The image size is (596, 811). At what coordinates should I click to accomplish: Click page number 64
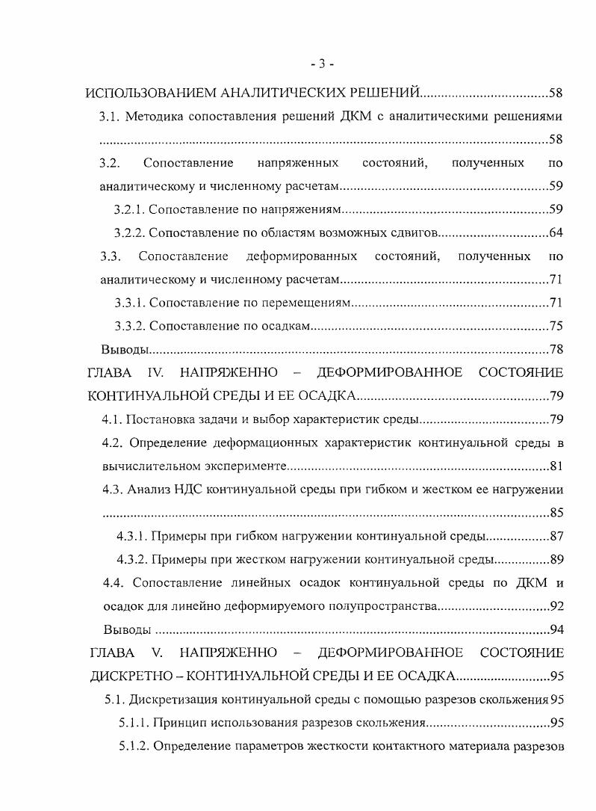(556, 232)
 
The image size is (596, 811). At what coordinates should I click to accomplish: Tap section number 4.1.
(113, 419)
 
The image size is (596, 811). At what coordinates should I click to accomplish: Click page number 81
(556, 466)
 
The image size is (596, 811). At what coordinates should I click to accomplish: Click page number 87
(556, 537)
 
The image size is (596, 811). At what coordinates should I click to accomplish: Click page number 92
(556, 606)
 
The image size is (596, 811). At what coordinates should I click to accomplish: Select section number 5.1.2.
(135, 747)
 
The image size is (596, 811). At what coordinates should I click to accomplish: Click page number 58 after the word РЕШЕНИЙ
(556, 93)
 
